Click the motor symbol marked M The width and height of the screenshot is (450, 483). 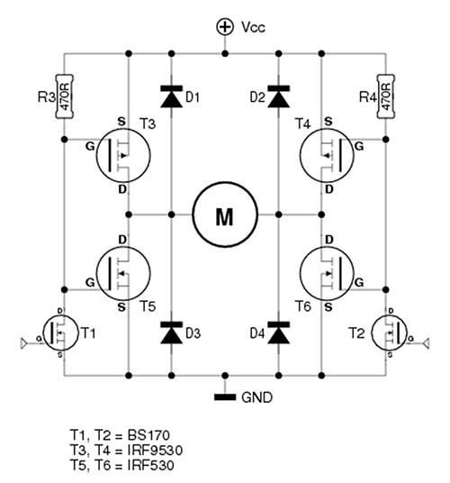point(225,214)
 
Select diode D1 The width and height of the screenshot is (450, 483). point(172,96)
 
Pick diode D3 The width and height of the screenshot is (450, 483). point(172,333)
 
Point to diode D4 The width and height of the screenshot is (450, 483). point(279,333)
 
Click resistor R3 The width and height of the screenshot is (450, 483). point(64,96)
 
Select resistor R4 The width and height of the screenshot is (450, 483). point(386,96)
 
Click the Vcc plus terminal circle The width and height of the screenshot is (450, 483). point(225,27)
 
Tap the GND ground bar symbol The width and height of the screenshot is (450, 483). point(225,397)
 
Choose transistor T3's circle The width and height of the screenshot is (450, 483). point(123,155)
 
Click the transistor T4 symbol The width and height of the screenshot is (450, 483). point(327,155)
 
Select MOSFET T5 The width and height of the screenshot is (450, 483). point(123,273)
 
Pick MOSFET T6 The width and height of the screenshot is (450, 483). point(327,273)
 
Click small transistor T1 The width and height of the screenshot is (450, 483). point(60,333)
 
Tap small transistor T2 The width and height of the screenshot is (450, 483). point(390,333)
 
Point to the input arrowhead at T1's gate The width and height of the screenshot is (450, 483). point(24,343)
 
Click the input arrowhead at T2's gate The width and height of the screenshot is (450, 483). point(426,343)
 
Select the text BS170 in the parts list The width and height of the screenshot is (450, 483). point(148,435)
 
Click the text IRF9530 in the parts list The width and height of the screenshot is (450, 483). point(155,451)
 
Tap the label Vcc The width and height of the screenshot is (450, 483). point(253,27)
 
